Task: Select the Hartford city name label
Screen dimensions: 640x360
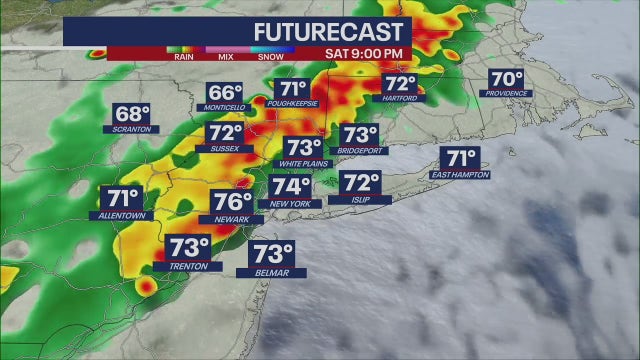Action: pos(400,98)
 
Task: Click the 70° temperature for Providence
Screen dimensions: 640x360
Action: pos(507,79)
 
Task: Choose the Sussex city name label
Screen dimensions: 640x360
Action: pos(224,148)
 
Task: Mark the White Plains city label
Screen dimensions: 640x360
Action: pos(303,163)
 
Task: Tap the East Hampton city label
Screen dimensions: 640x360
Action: pos(461,174)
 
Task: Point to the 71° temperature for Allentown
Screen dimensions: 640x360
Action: pos(121,198)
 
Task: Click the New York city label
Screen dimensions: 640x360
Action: pos(291,203)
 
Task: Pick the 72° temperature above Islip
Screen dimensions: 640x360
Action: pos(361,183)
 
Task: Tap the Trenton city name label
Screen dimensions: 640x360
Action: pos(182,266)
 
